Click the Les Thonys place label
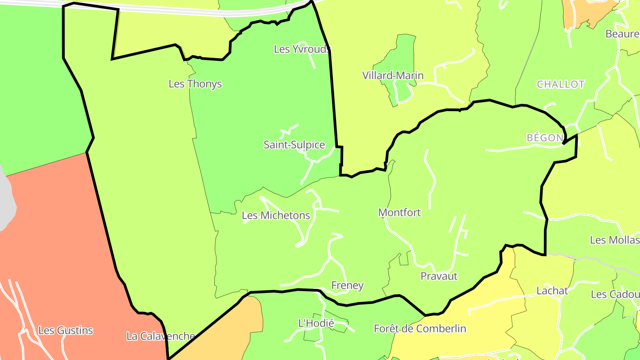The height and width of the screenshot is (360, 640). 195,84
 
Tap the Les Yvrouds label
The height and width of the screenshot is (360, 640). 302,49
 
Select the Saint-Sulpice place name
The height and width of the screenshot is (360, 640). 294,145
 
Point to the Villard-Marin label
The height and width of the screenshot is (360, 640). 393,76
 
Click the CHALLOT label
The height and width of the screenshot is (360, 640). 560,84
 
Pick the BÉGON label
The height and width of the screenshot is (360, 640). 545,138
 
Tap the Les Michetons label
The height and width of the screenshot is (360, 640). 276,216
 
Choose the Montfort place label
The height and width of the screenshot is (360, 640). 400,212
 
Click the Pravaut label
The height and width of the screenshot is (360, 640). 439,276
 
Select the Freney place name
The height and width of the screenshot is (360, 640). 348,285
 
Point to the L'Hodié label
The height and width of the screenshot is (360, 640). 316,323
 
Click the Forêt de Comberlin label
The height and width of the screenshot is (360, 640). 420,329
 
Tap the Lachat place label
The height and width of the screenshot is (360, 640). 552,291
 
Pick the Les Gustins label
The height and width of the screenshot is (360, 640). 66,331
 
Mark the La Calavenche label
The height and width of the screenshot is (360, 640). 160,336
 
